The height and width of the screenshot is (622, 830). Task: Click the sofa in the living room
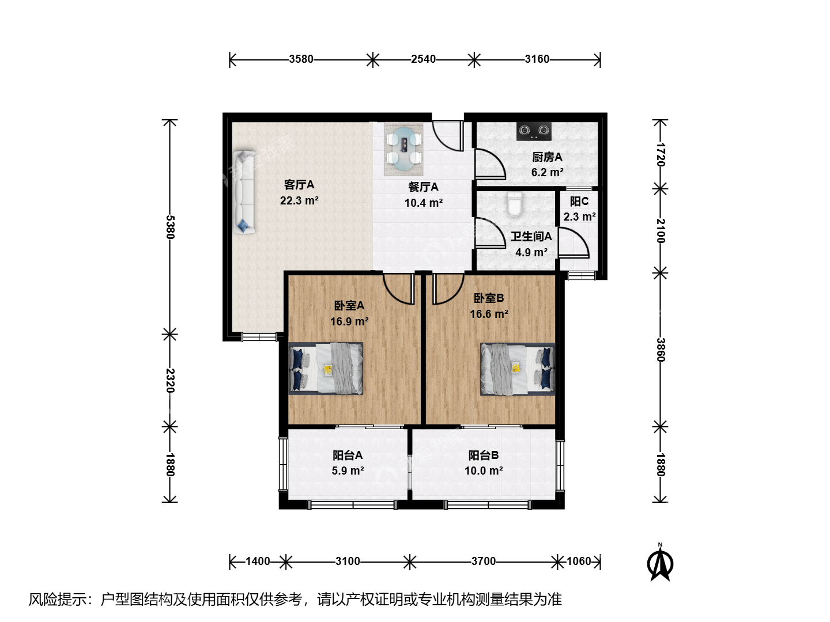244,192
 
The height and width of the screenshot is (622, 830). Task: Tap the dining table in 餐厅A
404,149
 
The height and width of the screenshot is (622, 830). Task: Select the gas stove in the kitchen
534,131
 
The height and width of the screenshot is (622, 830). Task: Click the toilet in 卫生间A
514,204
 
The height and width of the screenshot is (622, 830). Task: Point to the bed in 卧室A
326,369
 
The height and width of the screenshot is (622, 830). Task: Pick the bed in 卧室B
518,369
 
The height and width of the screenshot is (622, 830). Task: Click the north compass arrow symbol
660,563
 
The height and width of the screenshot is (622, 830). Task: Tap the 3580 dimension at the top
301,59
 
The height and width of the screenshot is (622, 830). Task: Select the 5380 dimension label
170,227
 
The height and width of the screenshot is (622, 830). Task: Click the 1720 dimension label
660,154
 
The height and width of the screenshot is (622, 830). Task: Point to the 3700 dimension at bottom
483,561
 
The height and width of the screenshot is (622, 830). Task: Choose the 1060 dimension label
579,561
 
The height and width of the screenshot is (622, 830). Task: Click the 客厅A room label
299,185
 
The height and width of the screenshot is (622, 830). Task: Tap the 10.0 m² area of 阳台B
484,471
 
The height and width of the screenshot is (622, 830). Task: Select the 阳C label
579,202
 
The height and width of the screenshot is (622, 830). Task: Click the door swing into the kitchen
490,164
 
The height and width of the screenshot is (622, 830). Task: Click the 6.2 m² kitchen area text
547,173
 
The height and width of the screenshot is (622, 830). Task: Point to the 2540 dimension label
423,59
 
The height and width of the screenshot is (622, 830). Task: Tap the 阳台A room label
348,456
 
